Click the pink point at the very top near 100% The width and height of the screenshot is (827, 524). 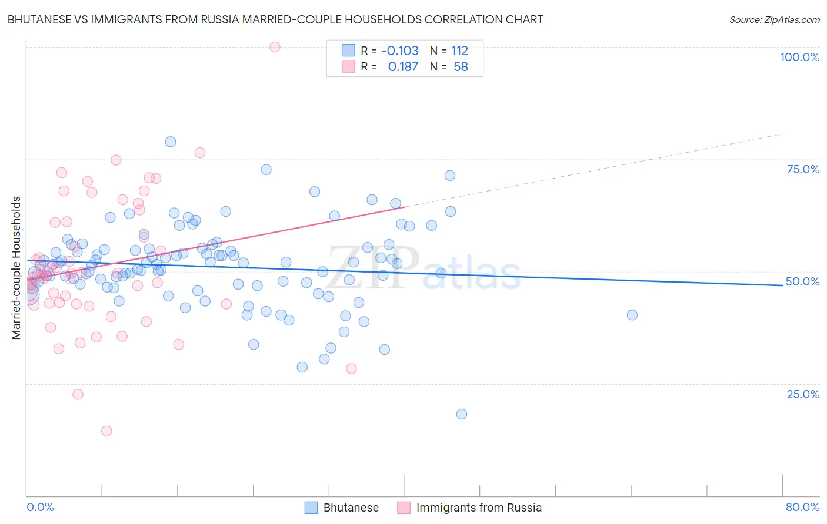275,47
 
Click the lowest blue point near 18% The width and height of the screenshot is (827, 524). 462,414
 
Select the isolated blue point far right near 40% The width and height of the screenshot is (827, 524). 632,315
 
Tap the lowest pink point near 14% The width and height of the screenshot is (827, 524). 106,431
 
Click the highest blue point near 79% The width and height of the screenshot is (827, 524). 171,142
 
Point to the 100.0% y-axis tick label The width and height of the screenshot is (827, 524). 799,57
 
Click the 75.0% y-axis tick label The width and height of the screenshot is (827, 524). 803,169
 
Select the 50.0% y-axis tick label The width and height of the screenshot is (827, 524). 802,281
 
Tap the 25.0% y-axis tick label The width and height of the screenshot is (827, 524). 803,394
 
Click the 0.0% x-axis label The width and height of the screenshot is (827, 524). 40,507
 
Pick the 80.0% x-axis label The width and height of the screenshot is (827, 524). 802,507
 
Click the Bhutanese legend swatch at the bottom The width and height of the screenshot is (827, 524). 311,508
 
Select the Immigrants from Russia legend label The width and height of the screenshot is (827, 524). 479,508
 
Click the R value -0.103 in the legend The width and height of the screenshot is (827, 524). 400,51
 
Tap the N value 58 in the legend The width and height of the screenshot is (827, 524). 461,67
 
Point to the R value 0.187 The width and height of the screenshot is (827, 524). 403,67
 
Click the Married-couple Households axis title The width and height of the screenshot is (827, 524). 16,268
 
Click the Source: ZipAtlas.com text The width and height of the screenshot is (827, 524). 774,19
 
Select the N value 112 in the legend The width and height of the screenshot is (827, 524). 459,51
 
